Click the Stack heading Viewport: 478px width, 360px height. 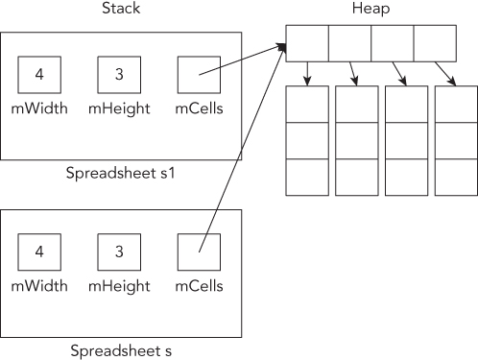(x=120, y=10)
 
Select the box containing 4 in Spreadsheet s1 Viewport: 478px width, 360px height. (x=39, y=74)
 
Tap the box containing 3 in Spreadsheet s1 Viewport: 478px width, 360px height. (x=119, y=74)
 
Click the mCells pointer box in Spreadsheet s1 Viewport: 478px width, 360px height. (x=199, y=74)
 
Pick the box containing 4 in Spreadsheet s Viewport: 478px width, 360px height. (x=39, y=252)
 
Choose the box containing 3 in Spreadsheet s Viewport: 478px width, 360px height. (x=119, y=252)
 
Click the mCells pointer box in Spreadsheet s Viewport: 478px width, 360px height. (x=199, y=252)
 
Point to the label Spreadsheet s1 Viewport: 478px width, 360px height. (x=120, y=174)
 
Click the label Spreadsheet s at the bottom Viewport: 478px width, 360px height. (x=120, y=350)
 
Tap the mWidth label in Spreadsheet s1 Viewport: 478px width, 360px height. (x=39, y=108)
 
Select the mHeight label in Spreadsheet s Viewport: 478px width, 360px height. (x=119, y=286)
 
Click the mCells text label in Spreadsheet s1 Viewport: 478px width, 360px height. (x=199, y=108)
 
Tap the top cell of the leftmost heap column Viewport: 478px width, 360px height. (x=306, y=105)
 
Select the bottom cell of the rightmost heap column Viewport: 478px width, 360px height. (x=454, y=177)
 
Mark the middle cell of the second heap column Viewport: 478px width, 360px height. (x=355, y=140)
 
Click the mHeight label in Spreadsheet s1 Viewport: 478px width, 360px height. (x=119, y=108)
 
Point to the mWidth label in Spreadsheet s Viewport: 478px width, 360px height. (x=39, y=286)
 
